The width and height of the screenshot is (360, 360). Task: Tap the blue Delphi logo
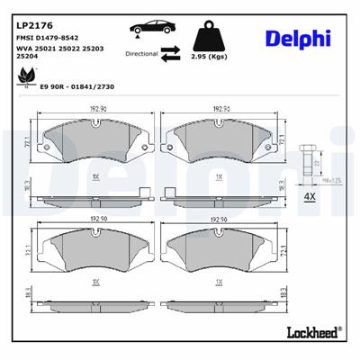[298, 38]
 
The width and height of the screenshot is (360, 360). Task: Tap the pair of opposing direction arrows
[171, 55]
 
